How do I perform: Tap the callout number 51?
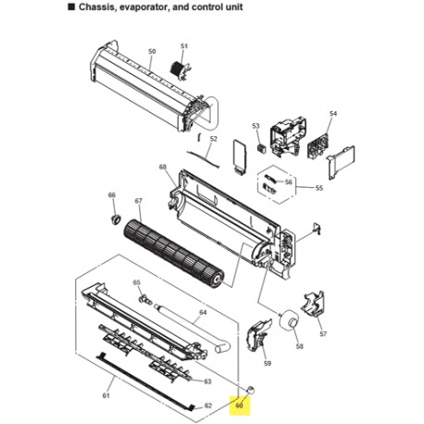183,46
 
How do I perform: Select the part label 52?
213,139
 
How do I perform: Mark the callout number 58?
299,346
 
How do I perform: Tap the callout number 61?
106,396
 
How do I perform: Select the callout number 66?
112,195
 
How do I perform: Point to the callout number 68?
163,168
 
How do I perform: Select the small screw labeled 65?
143,297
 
